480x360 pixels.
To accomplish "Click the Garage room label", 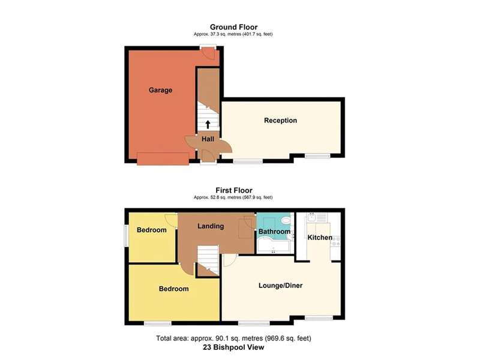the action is (x=160, y=90).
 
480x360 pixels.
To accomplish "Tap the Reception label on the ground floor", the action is (x=280, y=121).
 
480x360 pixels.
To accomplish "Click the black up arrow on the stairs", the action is (x=208, y=124).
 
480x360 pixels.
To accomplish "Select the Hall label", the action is (x=208, y=139).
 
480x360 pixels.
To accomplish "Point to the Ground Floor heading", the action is (x=233, y=27).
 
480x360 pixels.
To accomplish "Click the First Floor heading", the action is (x=234, y=190).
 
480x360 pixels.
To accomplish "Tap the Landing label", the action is (x=211, y=226).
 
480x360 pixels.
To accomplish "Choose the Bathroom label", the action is (x=274, y=232).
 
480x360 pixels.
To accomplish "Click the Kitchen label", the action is (x=320, y=237).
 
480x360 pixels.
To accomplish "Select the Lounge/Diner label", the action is (x=280, y=286).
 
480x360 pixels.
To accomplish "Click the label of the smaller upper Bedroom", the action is (x=152, y=230).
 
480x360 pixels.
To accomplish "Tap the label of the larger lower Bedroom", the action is (x=173, y=289).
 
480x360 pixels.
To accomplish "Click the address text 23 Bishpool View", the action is (x=233, y=347).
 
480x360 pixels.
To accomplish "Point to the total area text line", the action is (x=233, y=338).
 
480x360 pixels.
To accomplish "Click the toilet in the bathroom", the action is (x=286, y=220).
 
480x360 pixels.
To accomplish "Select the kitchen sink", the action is (x=311, y=218).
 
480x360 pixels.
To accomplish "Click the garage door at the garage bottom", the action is (x=163, y=158).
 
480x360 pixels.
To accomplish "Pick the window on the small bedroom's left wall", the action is (x=126, y=236).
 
